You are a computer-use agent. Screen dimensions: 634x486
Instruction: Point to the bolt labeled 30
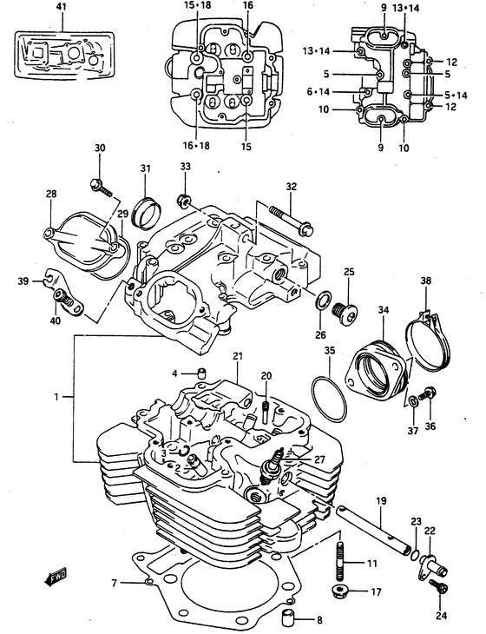pos(100,186)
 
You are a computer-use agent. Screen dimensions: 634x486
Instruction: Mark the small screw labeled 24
pos(437,589)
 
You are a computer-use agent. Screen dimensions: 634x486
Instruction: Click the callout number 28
pos(51,194)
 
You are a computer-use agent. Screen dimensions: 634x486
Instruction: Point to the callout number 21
pos(237,357)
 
